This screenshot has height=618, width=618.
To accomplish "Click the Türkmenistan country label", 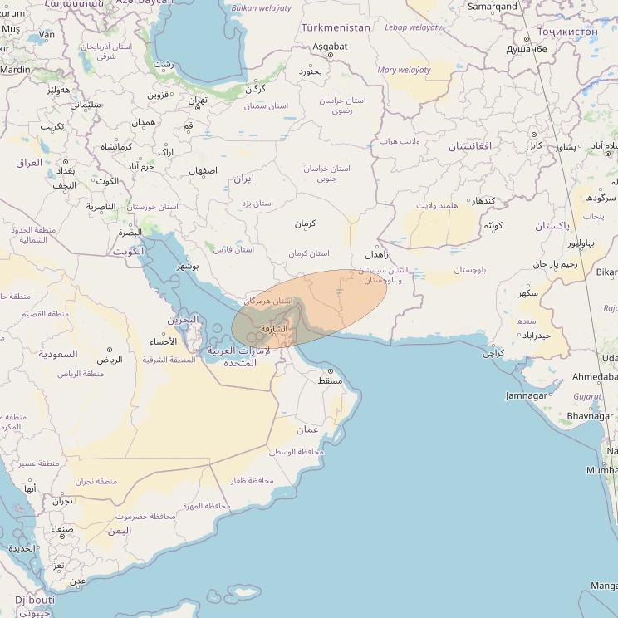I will click(x=336, y=27).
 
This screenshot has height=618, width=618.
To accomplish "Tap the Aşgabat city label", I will click(x=330, y=47).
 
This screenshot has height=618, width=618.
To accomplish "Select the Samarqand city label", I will click(x=492, y=7).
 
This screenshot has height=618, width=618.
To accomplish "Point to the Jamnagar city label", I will click(x=527, y=395).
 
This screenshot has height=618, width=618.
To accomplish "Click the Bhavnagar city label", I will click(x=591, y=415).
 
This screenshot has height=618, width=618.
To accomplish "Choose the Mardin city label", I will click(x=15, y=70).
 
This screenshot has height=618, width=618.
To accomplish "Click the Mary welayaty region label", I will click(x=404, y=71).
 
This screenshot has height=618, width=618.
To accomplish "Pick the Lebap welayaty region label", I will click(x=414, y=27).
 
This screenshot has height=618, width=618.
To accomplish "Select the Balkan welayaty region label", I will click(x=262, y=8).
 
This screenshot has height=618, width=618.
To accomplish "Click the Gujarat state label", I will click(x=587, y=397).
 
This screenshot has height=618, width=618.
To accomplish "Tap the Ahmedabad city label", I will click(x=595, y=377).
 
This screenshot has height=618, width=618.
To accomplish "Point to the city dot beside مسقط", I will click(x=330, y=371).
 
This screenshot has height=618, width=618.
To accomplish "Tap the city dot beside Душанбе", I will click(x=527, y=38).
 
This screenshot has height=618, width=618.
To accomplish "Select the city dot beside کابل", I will click(x=534, y=134).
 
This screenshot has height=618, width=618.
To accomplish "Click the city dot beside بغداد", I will click(x=66, y=161).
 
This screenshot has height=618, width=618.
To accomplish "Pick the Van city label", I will click(x=47, y=35).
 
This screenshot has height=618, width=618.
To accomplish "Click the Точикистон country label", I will click(x=567, y=32).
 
